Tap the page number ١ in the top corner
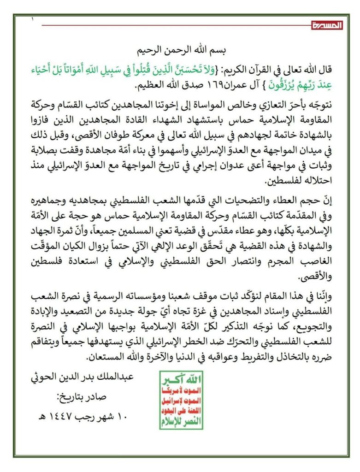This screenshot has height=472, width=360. click(33, 19)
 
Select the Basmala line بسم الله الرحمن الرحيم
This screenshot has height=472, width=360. click(180, 49)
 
